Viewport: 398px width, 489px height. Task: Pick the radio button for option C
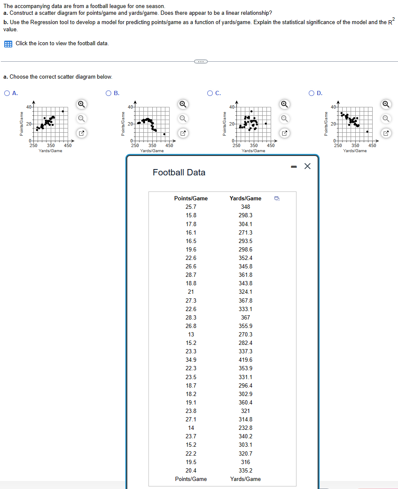210,93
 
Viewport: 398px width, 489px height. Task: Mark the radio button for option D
312,93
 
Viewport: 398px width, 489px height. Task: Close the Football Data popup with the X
307,167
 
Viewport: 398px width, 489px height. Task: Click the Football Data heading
179,172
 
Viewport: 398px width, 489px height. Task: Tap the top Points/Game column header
191,198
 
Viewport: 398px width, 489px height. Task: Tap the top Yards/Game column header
245,198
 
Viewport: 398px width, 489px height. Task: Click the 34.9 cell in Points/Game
191,360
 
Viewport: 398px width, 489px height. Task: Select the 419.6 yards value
245,360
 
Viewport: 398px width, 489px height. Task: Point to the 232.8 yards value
245,428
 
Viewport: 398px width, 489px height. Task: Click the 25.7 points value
191,207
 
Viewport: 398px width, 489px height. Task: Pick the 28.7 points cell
191,275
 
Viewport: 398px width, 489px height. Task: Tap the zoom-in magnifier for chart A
81,104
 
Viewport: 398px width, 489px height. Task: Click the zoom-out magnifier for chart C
285,118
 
